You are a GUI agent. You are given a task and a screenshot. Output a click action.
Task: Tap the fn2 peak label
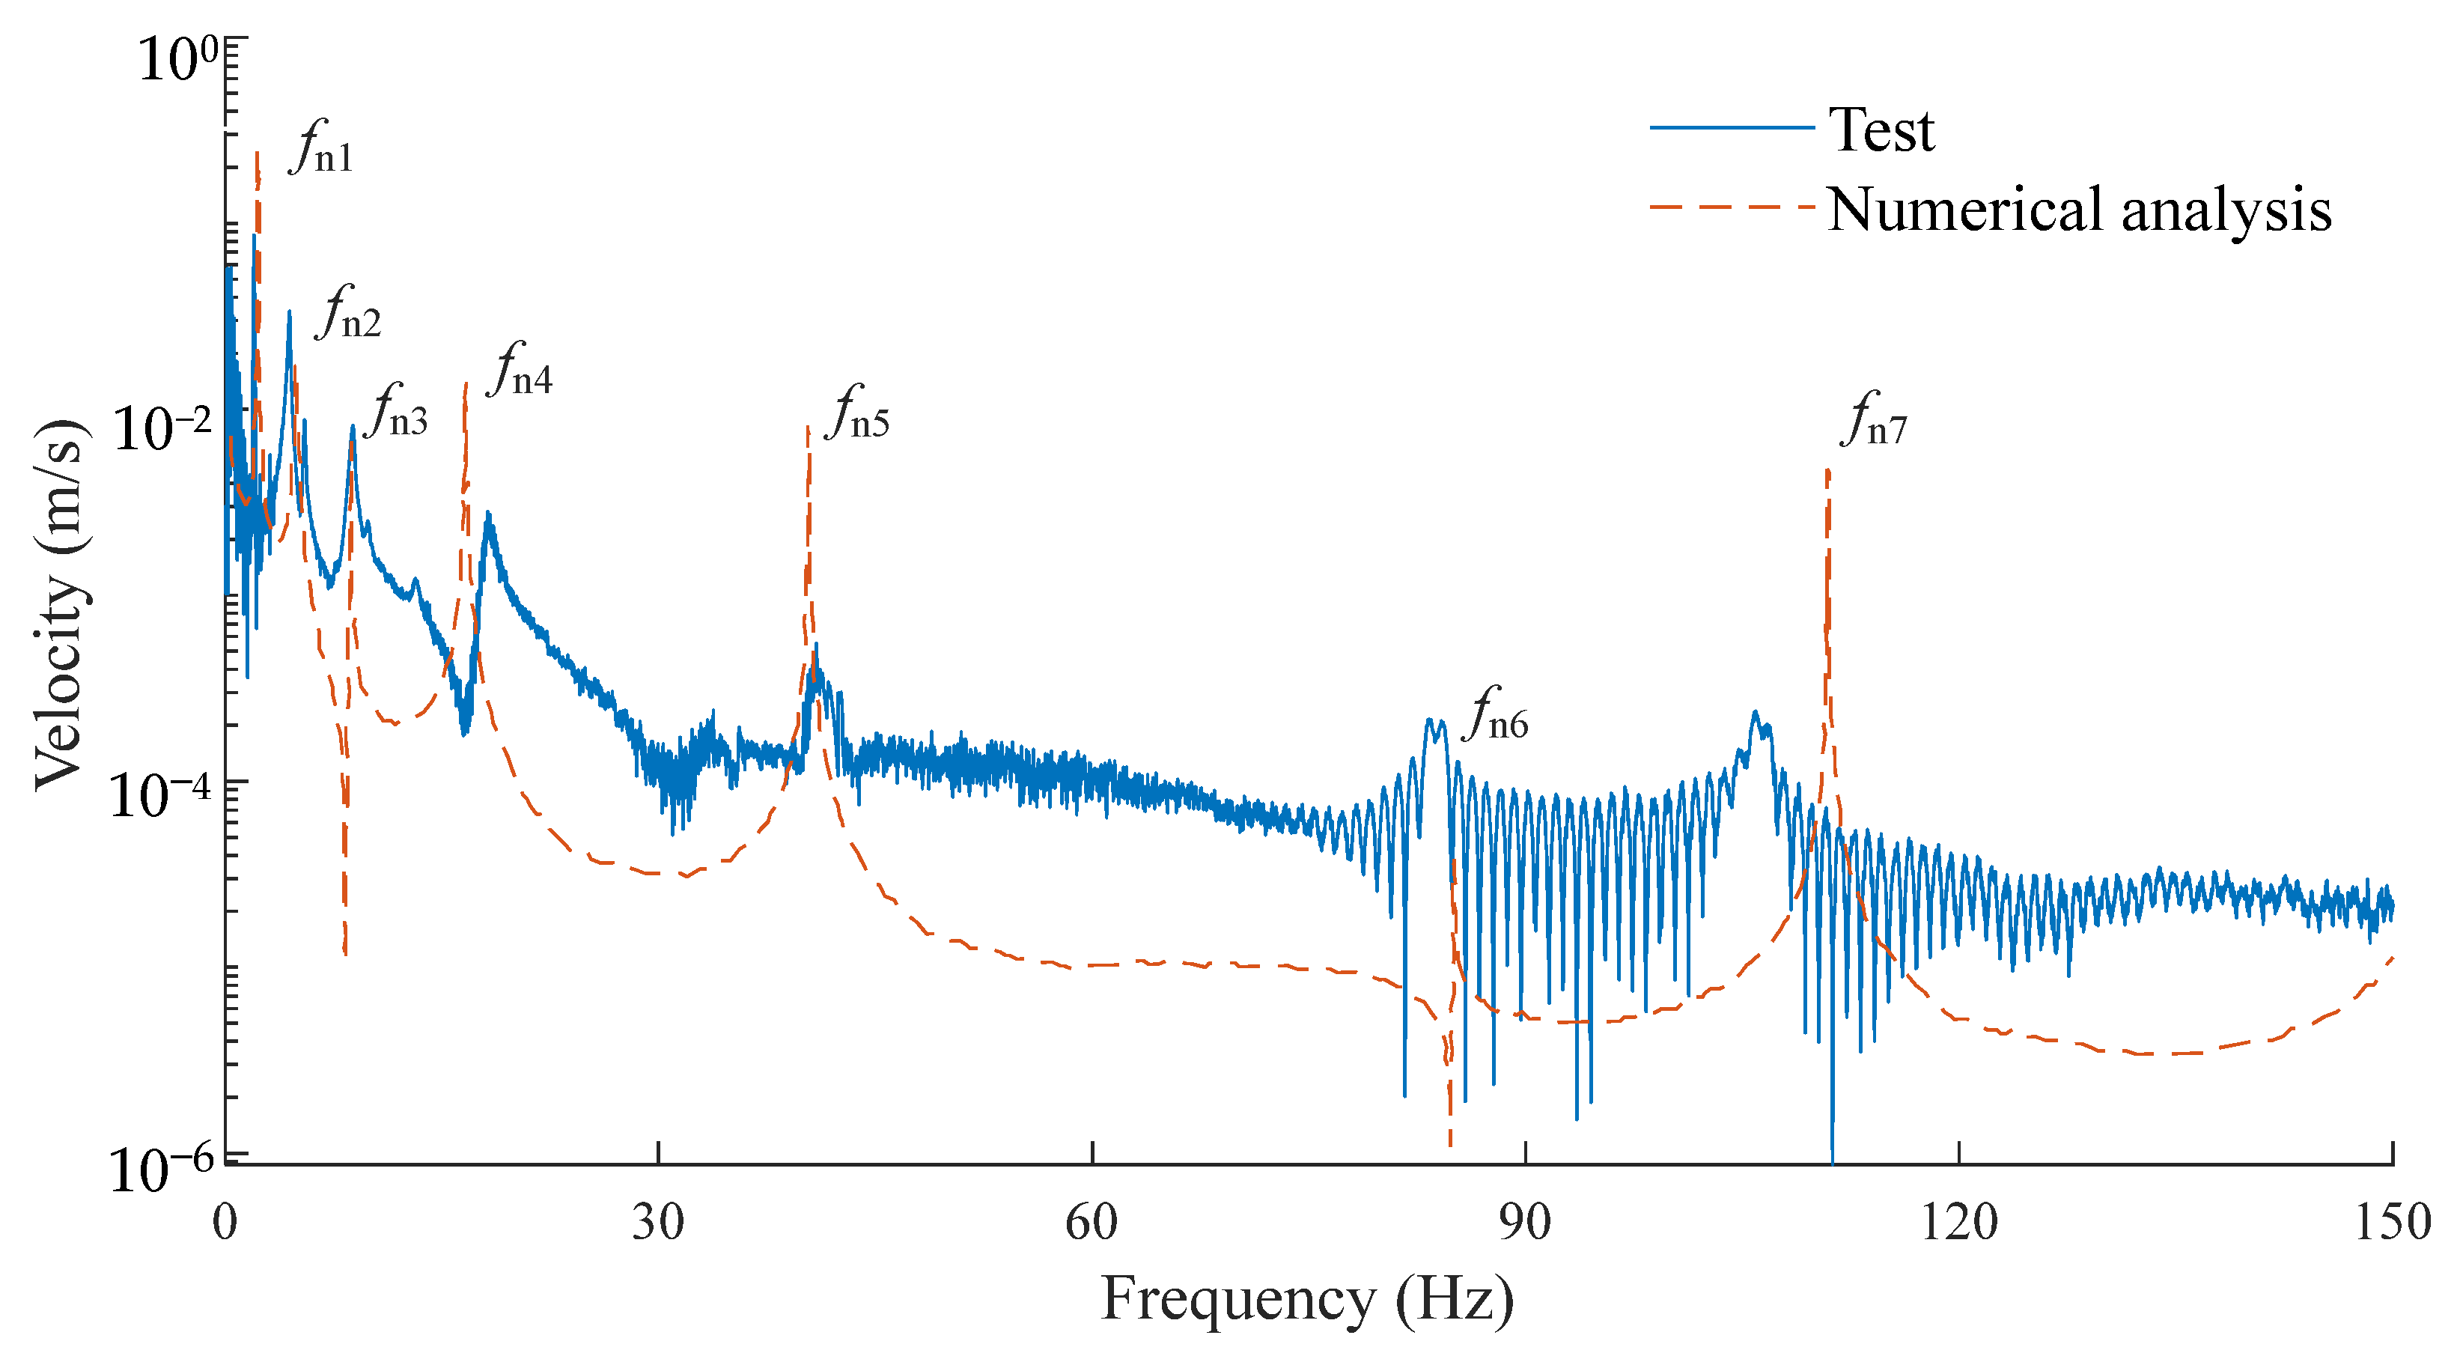point(349,315)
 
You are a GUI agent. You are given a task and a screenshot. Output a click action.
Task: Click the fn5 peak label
point(858,415)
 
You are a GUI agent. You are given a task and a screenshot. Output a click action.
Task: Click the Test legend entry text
point(1881,130)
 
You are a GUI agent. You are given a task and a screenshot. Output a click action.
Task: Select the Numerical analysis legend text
point(2079,210)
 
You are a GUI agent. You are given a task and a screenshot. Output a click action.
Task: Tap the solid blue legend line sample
point(1732,127)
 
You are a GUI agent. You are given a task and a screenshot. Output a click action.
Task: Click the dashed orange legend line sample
point(1732,207)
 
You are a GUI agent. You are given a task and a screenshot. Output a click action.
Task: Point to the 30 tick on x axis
point(658,1223)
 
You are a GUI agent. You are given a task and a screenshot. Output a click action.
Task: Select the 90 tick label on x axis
point(1525,1223)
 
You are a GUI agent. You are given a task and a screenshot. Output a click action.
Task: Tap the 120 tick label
point(1958,1223)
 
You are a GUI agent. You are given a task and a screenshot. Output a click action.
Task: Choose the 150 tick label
point(2392,1223)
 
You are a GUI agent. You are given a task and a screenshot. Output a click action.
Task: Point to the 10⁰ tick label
point(178,59)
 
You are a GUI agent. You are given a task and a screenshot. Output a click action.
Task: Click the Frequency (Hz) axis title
point(1307,1301)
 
